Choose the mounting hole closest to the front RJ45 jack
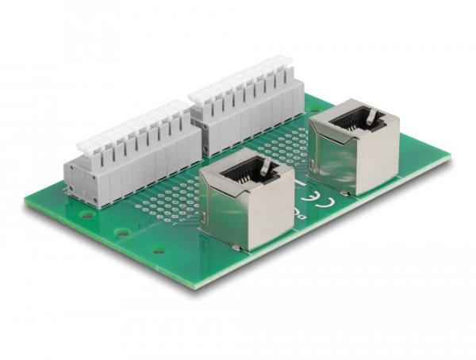159,251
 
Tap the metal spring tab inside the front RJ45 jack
267,168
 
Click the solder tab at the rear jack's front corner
345,193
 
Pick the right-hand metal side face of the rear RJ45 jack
381,159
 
